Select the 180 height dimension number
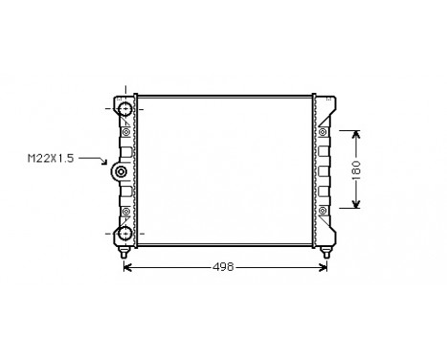[x=356, y=169]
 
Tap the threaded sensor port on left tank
[x=121, y=172]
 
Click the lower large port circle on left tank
[x=123, y=233]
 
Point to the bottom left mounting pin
[x=124, y=253]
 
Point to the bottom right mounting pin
[x=327, y=253]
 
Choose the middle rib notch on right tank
[x=324, y=169]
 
